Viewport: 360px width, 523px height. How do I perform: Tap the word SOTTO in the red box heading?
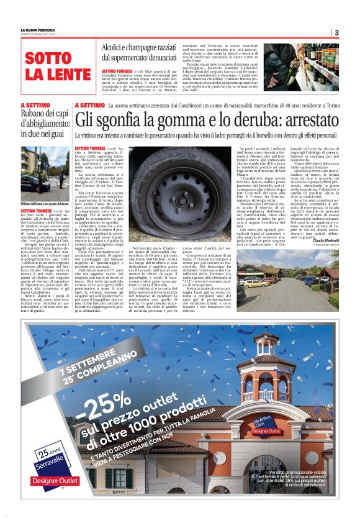[x=49, y=59]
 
